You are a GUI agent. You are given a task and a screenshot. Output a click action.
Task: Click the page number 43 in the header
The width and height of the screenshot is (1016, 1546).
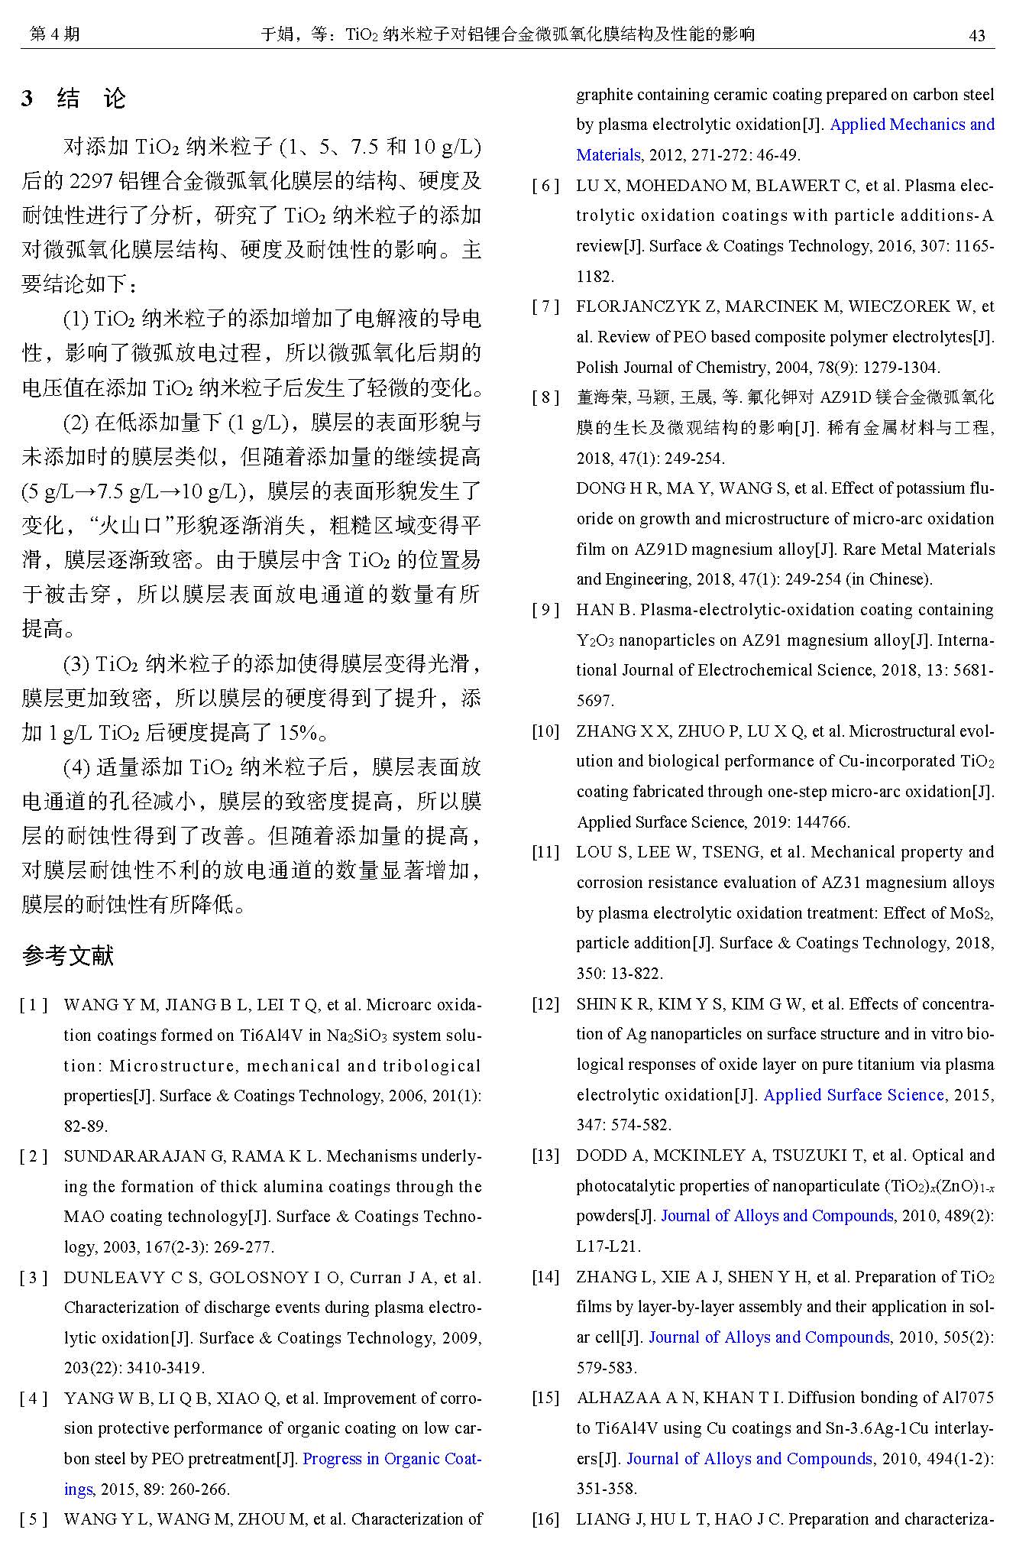(976, 35)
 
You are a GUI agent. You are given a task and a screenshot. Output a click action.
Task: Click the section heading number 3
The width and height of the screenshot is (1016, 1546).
(28, 99)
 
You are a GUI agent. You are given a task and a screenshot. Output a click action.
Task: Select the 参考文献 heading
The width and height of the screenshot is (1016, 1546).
(68, 955)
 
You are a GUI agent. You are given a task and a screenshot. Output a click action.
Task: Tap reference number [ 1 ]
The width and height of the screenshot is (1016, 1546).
(34, 1005)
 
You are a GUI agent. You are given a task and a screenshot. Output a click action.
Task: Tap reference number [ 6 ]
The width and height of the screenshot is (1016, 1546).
(546, 186)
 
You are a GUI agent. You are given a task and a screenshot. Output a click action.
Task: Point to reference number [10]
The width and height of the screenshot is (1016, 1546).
(545, 731)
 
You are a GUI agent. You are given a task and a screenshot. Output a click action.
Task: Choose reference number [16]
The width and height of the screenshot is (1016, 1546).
(545, 1518)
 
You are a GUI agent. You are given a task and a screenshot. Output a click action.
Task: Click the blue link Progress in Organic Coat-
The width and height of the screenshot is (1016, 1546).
(392, 1458)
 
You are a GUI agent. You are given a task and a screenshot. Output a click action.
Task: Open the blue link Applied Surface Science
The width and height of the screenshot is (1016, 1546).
(854, 1094)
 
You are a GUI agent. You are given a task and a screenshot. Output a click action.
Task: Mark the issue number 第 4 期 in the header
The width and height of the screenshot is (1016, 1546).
(53, 34)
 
